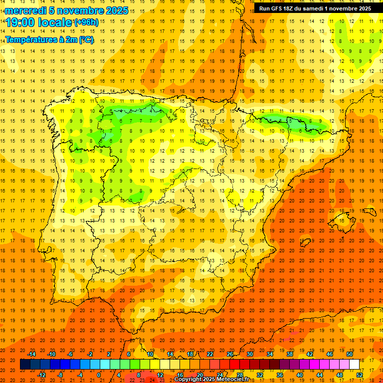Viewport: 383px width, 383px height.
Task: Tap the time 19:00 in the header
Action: (x=20, y=22)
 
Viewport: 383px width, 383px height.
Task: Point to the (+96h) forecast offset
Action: (x=86, y=22)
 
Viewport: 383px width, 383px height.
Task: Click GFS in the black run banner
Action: (x=282, y=8)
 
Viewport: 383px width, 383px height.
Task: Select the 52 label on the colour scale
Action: (x=360, y=375)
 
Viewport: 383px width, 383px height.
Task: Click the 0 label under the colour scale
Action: (x=99, y=375)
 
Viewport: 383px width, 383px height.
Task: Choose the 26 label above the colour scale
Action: (x=230, y=354)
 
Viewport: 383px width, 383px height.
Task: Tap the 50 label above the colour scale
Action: (x=350, y=354)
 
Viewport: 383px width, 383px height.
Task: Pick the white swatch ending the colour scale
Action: (x=355, y=364)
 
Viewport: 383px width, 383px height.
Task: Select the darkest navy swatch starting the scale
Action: (x=25, y=364)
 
